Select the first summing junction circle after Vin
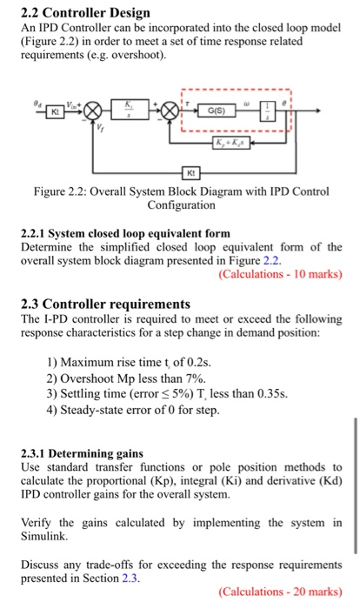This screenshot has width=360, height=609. point(94,112)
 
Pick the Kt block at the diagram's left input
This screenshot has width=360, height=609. point(55,112)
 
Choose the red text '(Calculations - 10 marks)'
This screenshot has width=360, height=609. point(280,274)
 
